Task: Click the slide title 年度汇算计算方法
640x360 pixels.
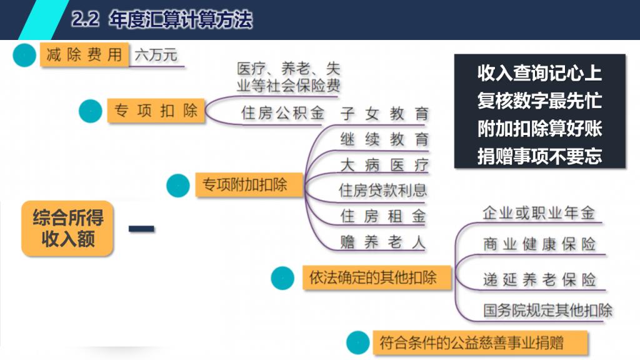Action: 181,19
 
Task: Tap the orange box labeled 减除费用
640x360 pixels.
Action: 84,54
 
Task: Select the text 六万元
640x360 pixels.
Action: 156,55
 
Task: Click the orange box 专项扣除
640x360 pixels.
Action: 156,111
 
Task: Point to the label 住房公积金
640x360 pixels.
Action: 282,112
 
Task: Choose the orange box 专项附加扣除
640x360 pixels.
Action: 249,185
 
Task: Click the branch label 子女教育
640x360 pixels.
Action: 384,113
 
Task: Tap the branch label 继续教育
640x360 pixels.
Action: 384,139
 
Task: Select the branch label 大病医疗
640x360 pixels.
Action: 384,165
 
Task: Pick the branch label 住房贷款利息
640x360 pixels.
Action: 382,190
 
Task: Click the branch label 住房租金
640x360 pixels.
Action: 383,216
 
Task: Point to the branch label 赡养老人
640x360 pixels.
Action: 383,242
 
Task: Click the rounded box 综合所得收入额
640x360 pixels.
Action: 67,229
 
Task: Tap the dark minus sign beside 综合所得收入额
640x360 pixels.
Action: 142,229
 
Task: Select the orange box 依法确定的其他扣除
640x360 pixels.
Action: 377,278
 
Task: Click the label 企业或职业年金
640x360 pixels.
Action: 538,212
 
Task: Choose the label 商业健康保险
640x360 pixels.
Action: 539,244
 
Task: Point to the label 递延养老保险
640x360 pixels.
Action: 539,279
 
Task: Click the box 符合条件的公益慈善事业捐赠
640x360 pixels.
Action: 480,343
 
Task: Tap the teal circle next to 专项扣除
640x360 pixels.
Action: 90,111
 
